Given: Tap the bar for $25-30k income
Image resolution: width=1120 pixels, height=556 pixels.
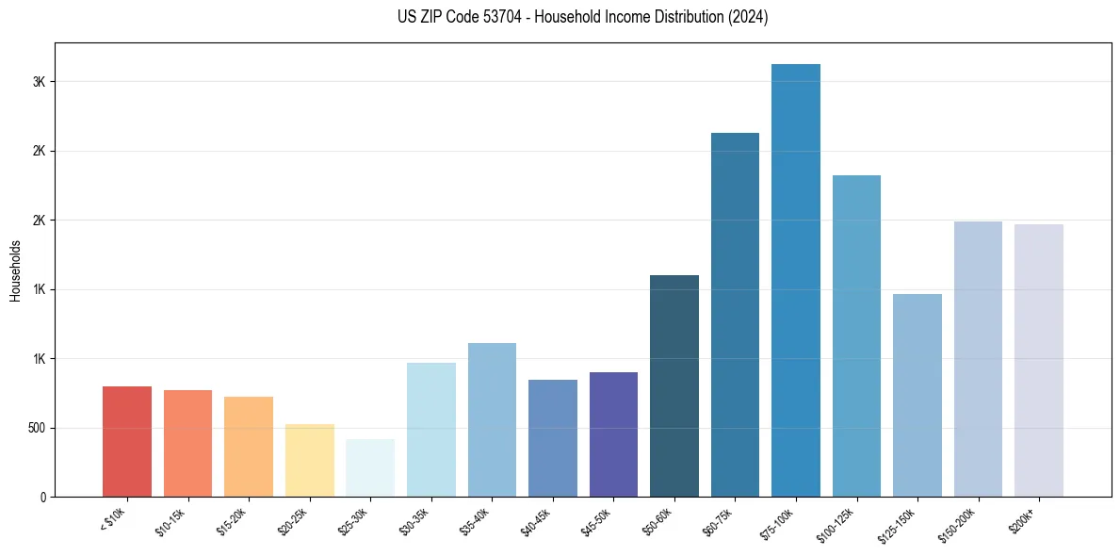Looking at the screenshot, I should [370, 467].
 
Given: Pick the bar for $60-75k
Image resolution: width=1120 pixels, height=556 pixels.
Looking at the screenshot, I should [735, 315].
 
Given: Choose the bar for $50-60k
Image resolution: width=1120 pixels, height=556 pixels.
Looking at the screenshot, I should [674, 386].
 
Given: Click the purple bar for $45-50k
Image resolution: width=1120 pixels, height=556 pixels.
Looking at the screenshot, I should [613, 434].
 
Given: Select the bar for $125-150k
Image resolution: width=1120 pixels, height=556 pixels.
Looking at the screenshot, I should [917, 396].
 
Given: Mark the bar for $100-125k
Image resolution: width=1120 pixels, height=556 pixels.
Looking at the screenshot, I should [856, 335].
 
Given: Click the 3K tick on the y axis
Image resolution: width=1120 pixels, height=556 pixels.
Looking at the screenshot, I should [39, 82].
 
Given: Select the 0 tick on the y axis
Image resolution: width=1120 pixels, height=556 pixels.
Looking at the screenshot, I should [42, 497].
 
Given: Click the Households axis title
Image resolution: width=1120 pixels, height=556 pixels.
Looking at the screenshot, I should [15, 270].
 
